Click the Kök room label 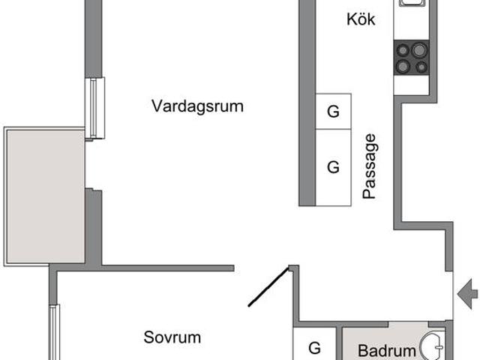pyautogui.click(x=361, y=19)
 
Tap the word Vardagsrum pyautogui.click(x=198, y=106)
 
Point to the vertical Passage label pyautogui.click(x=369, y=166)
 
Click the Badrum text pyautogui.click(x=386, y=350)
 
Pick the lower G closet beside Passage pyautogui.click(x=334, y=166)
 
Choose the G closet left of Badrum pyautogui.click(x=315, y=348)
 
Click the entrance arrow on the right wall pyautogui.click(x=468, y=289)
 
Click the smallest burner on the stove pyautogui.click(x=421, y=67)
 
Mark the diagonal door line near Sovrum pyautogui.click(x=268, y=287)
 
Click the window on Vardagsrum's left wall pyautogui.click(x=94, y=108)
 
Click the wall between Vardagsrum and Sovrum pyautogui.click(x=165, y=267)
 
